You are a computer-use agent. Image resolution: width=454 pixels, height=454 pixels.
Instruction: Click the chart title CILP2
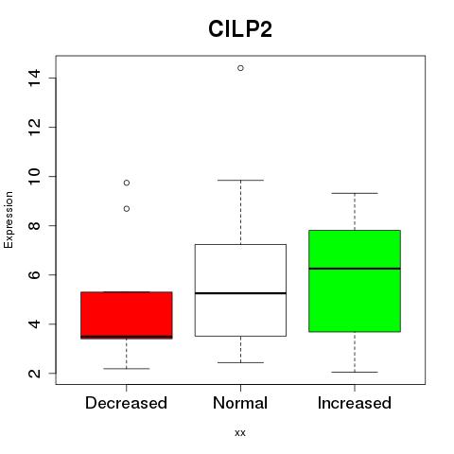[x=240, y=29]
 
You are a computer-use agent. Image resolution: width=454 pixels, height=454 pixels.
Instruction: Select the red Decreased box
[x=127, y=315]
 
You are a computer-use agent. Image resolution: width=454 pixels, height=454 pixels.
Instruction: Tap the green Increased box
[x=355, y=281]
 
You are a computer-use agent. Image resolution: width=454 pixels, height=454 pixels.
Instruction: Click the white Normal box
[x=240, y=290]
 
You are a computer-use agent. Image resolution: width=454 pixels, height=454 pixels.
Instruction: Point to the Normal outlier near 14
[x=240, y=68]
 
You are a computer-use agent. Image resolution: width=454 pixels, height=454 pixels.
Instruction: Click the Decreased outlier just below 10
[x=127, y=183]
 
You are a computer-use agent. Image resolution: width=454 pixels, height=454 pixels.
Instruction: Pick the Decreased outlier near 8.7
[x=127, y=209]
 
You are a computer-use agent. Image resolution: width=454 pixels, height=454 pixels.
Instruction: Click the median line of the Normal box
[x=240, y=293]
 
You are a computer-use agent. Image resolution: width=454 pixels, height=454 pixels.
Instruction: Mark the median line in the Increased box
[x=355, y=269]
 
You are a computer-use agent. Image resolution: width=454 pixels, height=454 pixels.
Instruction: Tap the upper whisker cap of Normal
[x=240, y=181]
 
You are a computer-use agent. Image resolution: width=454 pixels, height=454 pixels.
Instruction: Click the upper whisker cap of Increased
[x=355, y=193]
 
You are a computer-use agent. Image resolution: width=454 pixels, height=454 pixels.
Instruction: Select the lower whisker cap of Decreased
[x=127, y=369]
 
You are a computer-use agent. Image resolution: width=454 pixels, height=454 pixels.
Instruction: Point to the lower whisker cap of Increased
[x=355, y=373]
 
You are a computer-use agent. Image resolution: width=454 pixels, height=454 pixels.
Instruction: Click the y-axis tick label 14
[x=34, y=78]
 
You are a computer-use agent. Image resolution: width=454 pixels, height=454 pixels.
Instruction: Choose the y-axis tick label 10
[x=34, y=176]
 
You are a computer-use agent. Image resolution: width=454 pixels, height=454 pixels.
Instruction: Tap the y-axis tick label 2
[x=34, y=374]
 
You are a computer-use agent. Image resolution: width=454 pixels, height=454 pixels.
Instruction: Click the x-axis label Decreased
[x=126, y=403]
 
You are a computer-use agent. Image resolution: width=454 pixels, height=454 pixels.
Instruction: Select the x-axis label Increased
[x=355, y=403]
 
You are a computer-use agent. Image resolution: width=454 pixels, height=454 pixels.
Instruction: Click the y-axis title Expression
[x=9, y=219]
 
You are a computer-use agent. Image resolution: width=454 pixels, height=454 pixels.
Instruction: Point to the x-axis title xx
[x=240, y=433]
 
